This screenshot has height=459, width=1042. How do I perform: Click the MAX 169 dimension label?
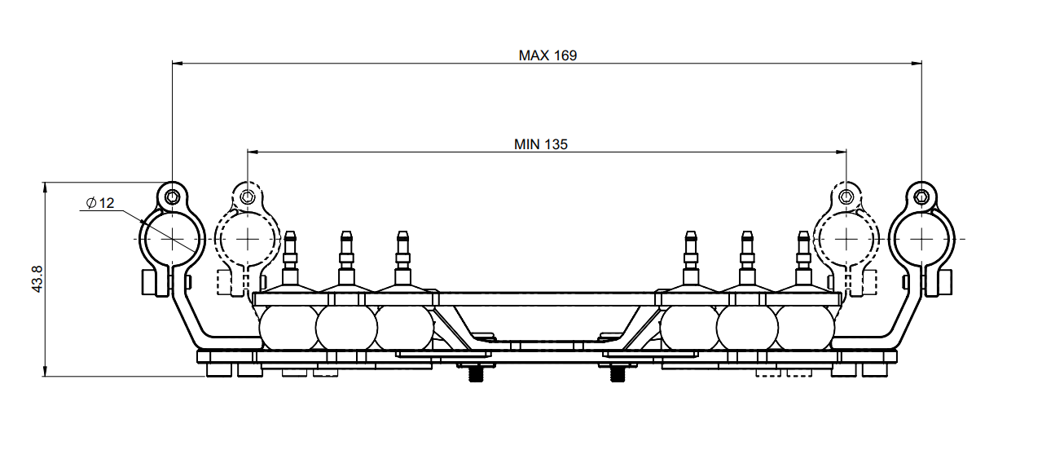547,55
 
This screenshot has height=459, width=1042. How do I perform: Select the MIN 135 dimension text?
541,144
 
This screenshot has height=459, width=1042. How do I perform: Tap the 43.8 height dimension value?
37,280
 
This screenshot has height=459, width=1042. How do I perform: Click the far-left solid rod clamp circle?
173,239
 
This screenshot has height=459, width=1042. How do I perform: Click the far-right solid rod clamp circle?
921,239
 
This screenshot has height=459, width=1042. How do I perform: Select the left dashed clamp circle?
247,239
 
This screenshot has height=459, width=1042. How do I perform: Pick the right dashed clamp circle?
847,239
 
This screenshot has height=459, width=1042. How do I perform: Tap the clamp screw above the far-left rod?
173,196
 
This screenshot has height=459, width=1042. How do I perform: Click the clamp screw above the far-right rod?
921,196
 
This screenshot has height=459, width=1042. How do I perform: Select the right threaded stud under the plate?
618,374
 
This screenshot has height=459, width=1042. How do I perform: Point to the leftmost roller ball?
286,328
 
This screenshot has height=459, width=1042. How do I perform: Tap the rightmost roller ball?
807,328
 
